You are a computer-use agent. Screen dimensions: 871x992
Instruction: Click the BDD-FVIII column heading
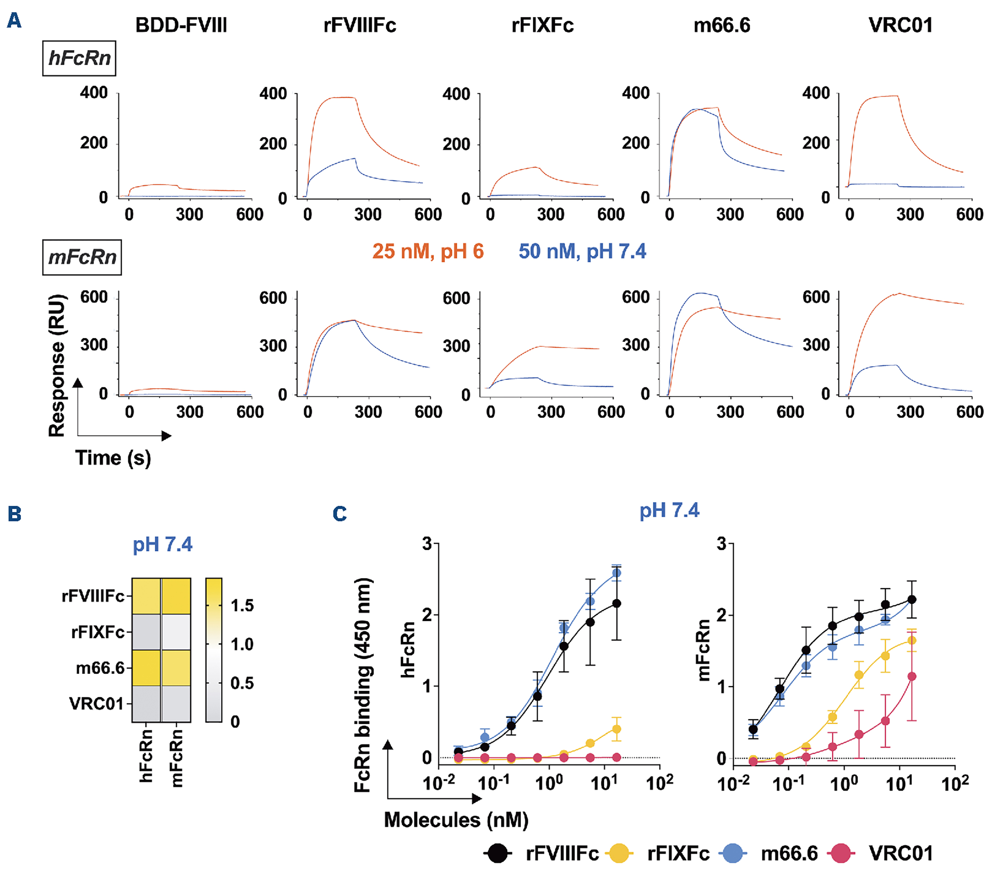181,25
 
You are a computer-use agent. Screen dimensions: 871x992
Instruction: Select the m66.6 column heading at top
722,25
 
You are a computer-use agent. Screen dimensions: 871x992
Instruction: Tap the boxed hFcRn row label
79,58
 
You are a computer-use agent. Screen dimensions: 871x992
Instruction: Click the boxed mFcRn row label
82,257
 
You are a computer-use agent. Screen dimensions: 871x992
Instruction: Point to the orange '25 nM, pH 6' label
428,251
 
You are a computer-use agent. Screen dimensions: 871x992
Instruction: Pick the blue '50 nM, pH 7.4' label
582,251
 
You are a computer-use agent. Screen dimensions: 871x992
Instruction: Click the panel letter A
14,20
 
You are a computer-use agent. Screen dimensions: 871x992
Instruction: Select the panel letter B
14,514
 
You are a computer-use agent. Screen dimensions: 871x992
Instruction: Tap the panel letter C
340,514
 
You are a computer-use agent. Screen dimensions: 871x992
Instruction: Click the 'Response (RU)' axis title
57,365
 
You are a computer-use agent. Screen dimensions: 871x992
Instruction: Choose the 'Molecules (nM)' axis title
456,820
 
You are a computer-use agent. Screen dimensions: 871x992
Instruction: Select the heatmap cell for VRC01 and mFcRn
176,704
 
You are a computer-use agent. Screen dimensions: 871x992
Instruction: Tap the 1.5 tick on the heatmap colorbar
242,606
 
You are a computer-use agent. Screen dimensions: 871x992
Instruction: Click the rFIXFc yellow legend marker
619,853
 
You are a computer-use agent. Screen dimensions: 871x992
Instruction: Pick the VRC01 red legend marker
841,853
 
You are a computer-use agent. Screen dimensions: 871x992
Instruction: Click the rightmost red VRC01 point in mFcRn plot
912,677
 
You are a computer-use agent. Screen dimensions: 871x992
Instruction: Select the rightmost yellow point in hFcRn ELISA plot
616,729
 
